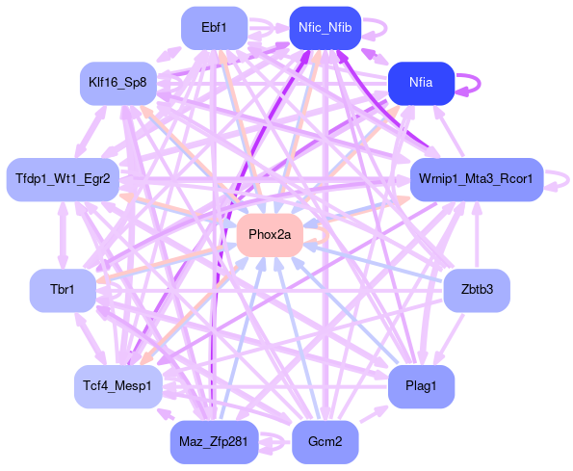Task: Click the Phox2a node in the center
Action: click(270, 235)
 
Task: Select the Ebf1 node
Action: click(214, 28)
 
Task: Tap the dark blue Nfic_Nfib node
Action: click(326, 28)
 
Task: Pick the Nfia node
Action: click(421, 83)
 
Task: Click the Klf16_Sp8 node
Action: click(118, 83)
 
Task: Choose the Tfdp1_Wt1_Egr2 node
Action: click(63, 179)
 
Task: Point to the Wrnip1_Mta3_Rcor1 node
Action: click(477, 179)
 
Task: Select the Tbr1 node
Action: click(63, 290)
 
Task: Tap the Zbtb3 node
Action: click(477, 290)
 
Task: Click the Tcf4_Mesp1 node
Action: click(118, 386)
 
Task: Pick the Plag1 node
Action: click(421, 386)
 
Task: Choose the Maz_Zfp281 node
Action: click(214, 442)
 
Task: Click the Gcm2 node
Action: click(326, 442)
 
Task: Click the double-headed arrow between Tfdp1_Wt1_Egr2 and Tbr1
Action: click(63, 235)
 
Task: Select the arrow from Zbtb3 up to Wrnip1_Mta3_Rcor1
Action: click(477, 235)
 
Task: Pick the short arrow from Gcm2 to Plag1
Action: click(374, 414)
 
